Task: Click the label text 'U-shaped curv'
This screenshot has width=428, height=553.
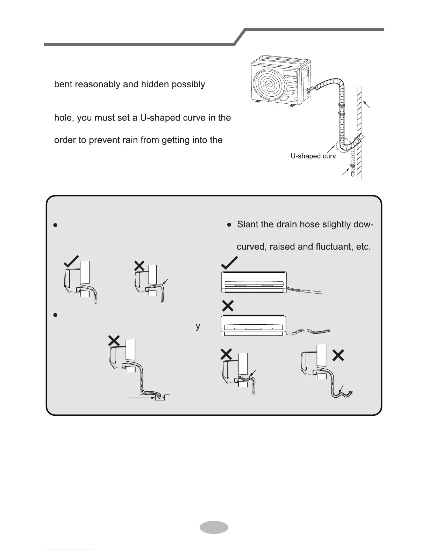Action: (313, 156)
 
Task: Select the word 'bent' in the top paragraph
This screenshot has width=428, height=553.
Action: (63, 84)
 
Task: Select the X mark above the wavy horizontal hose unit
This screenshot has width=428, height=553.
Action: (228, 306)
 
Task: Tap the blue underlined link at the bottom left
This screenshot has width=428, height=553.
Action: (69, 550)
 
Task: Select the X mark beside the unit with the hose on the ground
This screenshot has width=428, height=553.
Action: (338, 355)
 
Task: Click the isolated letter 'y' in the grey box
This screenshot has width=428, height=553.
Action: (198, 326)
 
